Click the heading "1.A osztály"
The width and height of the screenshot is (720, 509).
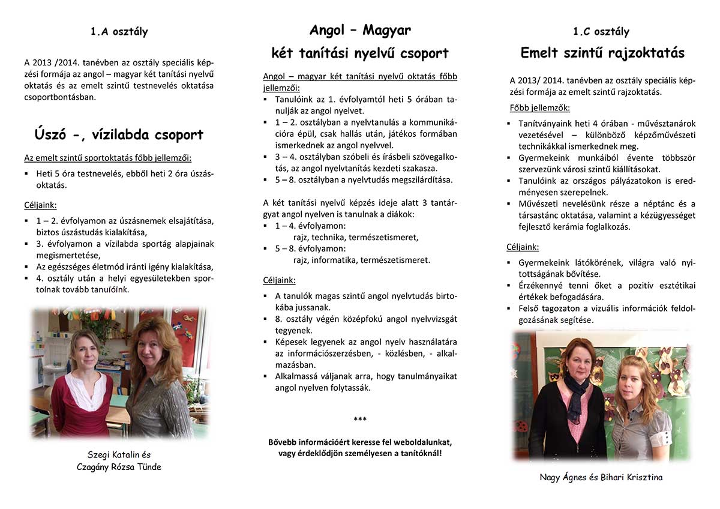[119, 32]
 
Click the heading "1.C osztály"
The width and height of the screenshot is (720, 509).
[601, 32]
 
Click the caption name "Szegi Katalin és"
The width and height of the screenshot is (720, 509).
[119, 455]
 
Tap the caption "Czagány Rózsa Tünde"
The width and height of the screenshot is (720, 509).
[119, 467]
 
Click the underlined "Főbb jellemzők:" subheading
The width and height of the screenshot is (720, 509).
[539, 109]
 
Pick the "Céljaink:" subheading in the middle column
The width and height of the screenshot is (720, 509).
[279, 280]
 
